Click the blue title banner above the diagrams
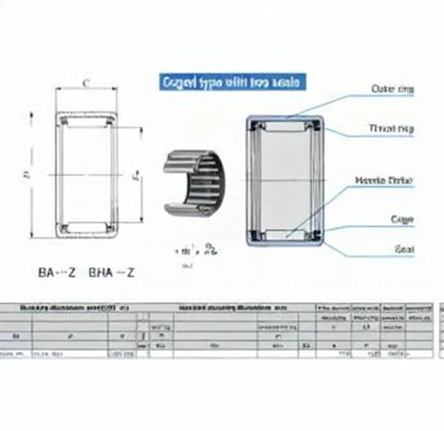tap(233, 82)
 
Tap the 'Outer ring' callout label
tap(393, 89)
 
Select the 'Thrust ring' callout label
tap(391, 128)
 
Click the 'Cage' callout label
tap(402, 219)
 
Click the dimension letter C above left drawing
tap(86, 84)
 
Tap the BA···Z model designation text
tap(57, 273)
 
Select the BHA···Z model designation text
tap(111, 273)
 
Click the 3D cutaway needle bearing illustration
tap(194, 183)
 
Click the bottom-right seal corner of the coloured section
tap(316, 235)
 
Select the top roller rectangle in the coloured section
tap(285, 127)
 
